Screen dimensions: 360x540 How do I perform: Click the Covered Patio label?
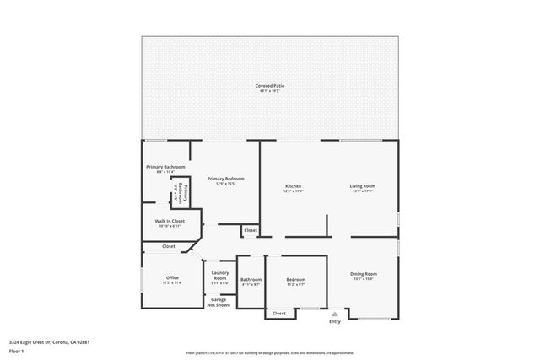(269, 86)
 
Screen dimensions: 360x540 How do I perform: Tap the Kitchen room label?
(293, 186)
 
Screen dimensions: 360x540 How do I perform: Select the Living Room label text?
(362, 186)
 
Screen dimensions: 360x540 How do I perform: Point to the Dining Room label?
(364, 274)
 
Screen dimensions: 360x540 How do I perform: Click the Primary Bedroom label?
(225, 179)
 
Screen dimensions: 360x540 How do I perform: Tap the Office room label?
(172, 278)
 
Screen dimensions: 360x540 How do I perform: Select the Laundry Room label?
(220, 275)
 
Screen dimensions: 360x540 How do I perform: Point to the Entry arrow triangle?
(335, 312)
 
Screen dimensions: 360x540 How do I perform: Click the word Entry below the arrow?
(335, 320)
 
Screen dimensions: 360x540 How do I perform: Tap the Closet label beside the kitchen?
(251, 230)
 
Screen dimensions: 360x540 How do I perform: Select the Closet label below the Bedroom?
(279, 313)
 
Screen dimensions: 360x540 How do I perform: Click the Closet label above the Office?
(169, 246)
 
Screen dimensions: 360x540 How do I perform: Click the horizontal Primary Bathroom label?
(165, 167)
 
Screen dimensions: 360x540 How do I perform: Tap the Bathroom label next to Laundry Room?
(251, 279)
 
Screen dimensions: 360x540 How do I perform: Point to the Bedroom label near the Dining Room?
(295, 279)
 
